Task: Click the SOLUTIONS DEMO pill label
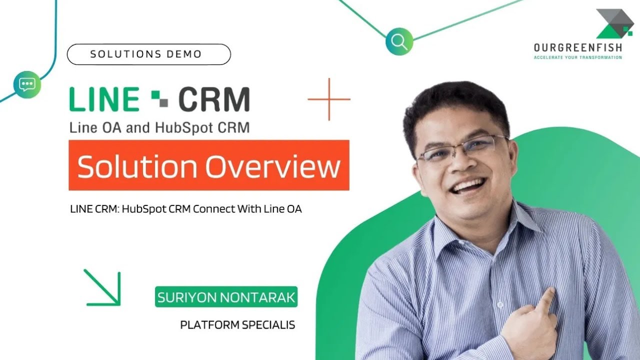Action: coord(148,54)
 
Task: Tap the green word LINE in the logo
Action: coord(104,99)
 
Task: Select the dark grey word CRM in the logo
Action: coord(213,99)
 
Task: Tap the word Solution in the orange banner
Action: coord(137,166)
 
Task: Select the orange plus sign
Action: coord(329,99)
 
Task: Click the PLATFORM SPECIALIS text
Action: coord(237,325)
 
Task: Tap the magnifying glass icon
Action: coord(399,41)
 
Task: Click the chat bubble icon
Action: coord(26,84)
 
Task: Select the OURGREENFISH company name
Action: coord(577,48)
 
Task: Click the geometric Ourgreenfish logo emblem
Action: coord(614,24)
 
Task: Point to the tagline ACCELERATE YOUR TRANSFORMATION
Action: coord(577,57)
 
